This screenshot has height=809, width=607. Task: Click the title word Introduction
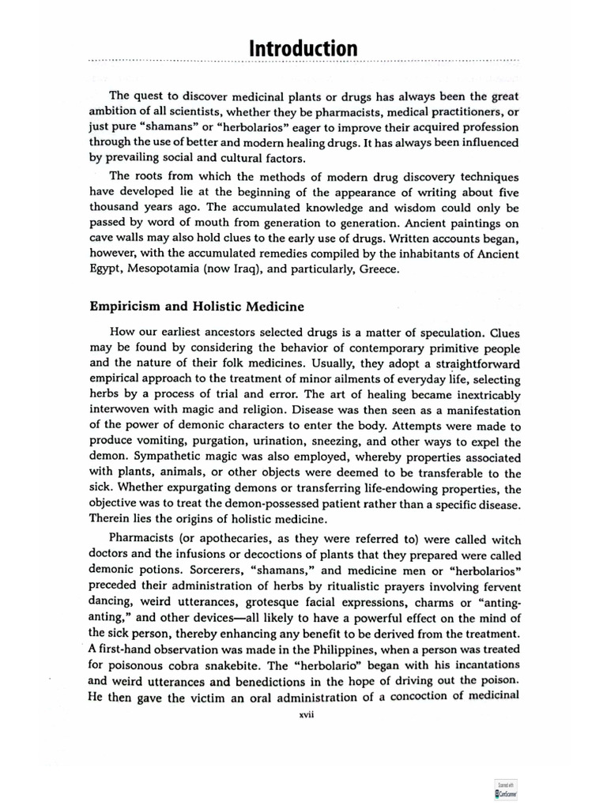click(x=303, y=49)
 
